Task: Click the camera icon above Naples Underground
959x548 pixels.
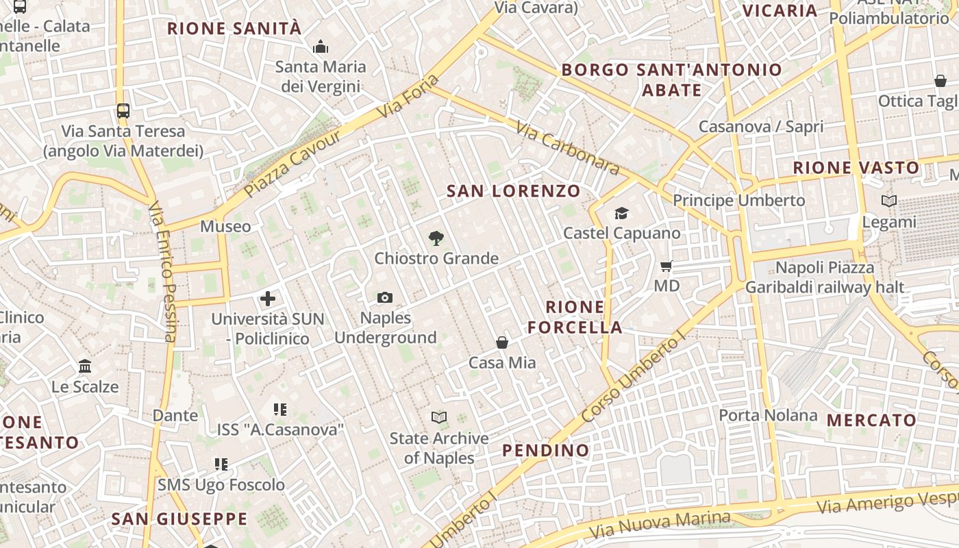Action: click(385, 297)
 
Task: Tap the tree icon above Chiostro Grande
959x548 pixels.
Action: click(436, 238)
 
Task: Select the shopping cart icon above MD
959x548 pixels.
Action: click(667, 266)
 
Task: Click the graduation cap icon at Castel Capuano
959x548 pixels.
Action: click(621, 213)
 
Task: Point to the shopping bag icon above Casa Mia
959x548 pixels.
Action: click(502, 342)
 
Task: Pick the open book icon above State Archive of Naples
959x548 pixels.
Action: click(439, 417)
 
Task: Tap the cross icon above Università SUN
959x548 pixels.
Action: click(268, 299)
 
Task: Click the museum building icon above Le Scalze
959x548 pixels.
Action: click(85, 366)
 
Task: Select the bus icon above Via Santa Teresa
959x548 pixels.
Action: click(123, 110)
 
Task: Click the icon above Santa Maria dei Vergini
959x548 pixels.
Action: click(320, 47)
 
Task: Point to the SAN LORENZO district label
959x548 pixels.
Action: click(514, 191)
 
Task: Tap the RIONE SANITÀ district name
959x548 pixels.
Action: click(234, 29)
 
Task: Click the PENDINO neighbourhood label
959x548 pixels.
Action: click(546, 450)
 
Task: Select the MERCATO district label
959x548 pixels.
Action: click(871, 420)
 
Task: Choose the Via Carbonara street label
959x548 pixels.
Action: click(567, 149)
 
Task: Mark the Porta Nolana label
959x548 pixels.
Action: click(768, 415)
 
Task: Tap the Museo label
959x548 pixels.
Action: click(225, 226)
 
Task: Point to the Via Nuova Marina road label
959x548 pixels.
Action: click(659, 524)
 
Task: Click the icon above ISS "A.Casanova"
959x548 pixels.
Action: click(279, 410)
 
